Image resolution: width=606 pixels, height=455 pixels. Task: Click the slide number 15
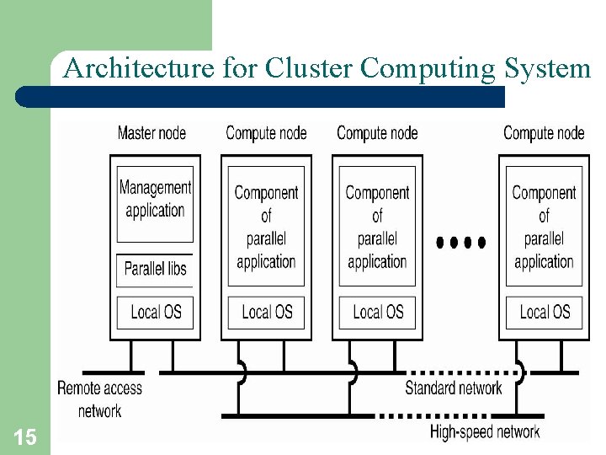[x=24, y=436]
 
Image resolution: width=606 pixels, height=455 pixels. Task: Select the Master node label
[x=151, y=133]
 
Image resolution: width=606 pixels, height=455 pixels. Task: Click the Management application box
[x=155, y=200]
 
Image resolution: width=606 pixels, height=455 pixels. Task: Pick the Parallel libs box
[x=155, y=269]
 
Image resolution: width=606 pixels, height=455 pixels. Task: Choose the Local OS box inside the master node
[x=155, y=313]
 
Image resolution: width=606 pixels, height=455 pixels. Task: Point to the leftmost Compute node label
[x=266, y=133]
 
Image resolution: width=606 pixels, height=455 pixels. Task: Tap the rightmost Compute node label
[x=544, y=133]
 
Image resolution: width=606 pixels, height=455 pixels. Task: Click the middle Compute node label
[x=377, y=133]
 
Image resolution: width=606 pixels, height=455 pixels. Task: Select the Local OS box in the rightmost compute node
[x=544, y=313]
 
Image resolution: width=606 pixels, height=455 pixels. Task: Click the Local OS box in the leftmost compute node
[x=266, y=313]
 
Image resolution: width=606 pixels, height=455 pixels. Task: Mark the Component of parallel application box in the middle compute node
[x=377, y=227]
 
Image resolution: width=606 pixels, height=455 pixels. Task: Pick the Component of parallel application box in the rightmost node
[x=544, y=227]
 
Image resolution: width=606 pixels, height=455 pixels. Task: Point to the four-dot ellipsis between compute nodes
[x=460, y=243]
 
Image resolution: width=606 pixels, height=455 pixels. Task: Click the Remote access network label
[x=99, y=399]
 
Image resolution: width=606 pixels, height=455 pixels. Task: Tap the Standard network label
[x=453, y=388]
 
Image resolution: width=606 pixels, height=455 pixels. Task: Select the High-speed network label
[x=484, y=432]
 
